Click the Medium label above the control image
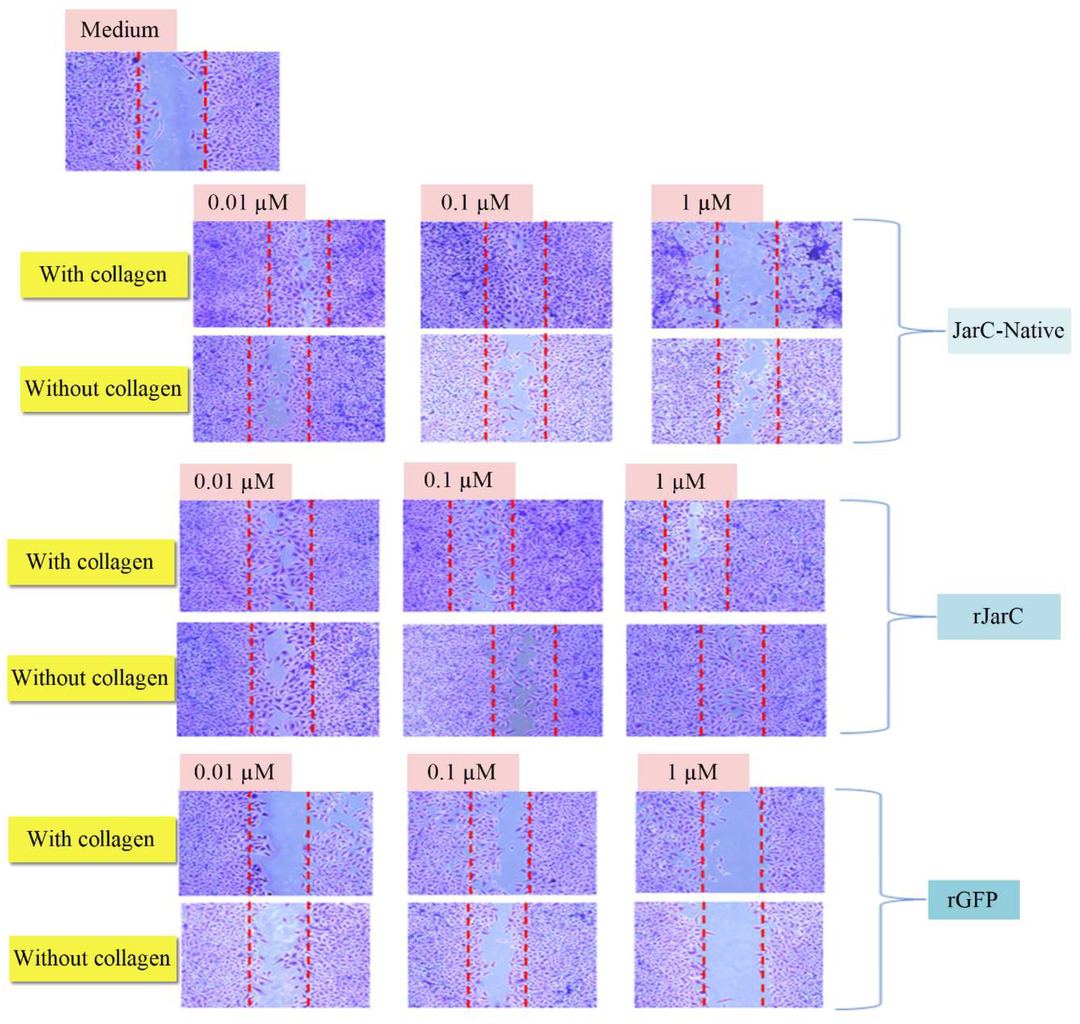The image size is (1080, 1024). point(121,30)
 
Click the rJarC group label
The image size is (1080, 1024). point(998,616)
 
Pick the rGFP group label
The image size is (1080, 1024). point(973,899)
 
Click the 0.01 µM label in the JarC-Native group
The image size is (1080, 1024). point(249,203)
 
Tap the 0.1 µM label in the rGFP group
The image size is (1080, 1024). point(462,772)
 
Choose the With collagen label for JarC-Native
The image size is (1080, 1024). point(104,274)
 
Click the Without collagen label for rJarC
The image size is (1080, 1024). point(91,678)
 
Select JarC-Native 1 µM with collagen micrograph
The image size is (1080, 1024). point(746,275)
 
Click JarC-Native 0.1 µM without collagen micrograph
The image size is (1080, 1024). point(516,388)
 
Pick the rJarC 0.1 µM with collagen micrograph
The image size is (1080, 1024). point(502,555)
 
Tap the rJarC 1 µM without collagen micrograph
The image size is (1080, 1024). point(726,680)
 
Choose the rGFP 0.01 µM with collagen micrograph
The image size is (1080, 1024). point(276,843)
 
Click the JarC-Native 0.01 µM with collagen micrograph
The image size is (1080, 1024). point(289,273)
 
